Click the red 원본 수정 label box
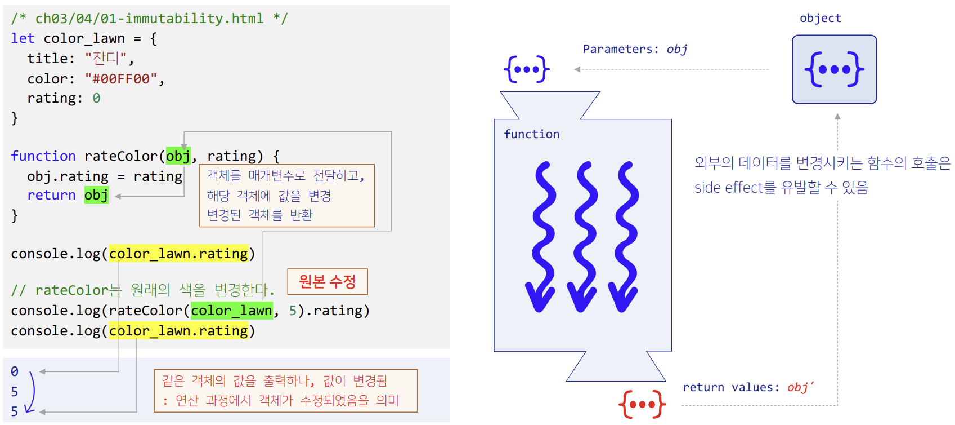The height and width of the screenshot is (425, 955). tap(327, 281)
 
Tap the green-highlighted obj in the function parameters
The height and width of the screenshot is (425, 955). tap(178, 156)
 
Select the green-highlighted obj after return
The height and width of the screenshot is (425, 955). tap(96, 195)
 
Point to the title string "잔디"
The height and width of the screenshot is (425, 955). tap(106, 59)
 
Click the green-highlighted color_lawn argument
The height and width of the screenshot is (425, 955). tap(231, 311)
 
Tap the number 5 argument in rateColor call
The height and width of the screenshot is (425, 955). tap(293, 311)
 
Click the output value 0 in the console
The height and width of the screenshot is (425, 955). tap(15, 371)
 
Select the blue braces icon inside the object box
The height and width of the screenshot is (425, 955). tap(834, 69)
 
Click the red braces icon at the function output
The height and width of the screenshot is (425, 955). tap(642, 404)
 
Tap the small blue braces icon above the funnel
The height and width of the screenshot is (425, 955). tap(527, 69)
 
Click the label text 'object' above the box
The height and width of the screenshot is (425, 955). tap(821, 18)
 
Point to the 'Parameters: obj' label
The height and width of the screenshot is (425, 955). tap(635, 49)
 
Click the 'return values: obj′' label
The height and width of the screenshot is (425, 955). tap(748, 387)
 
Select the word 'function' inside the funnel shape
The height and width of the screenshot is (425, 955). tap(531, 134)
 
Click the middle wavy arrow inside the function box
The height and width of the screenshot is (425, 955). tap(583, 237)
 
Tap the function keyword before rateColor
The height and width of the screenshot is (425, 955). tap(43, 156)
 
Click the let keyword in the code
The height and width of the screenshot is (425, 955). tap(23, 38)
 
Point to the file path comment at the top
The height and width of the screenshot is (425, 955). tap(149, 19)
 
